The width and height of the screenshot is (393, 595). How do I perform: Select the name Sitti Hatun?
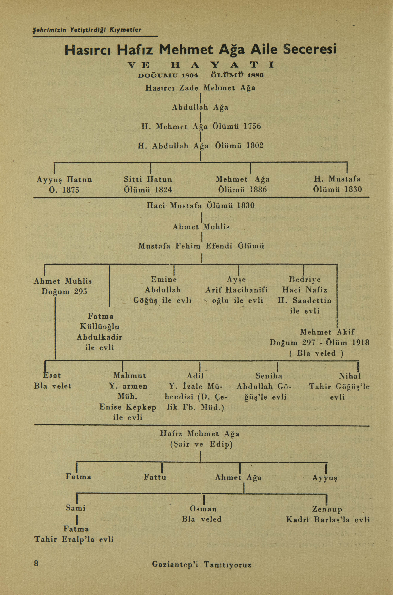[x=148, y=179]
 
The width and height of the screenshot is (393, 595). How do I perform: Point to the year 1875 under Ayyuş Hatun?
[x=71, y=190]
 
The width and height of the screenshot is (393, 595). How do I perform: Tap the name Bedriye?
[x=305, y=280]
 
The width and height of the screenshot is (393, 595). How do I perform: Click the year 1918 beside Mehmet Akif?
[x=360, y=342]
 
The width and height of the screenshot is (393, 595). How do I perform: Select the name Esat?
[x=52, y=376]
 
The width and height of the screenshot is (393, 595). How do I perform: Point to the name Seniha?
[x=269, y=376]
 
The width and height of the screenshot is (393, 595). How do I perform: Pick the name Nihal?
[x=350, y=376]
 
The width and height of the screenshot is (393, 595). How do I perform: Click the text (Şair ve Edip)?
[x=201, y=445]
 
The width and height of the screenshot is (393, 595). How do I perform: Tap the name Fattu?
[x=155, y=477]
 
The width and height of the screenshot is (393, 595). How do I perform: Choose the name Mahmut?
[x=130, y=376]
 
